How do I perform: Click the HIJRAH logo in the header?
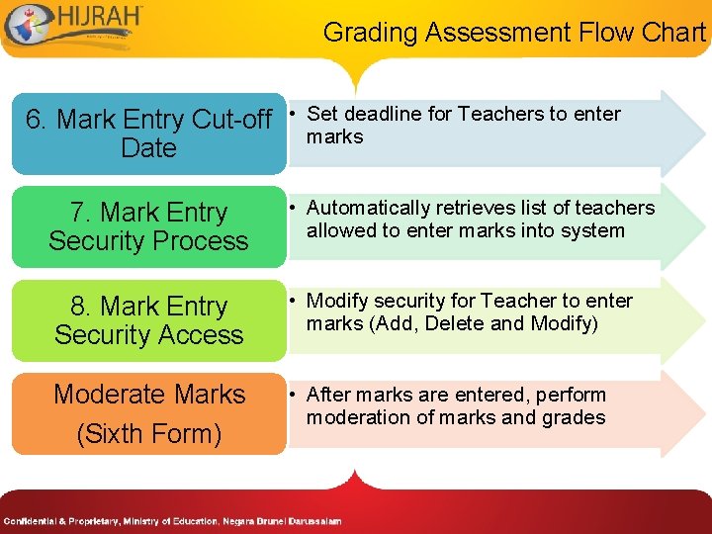[74, 27]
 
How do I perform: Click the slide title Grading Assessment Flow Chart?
[514, 33]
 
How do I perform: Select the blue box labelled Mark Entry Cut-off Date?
[148, 133]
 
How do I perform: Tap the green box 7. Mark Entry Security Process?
[148, 226]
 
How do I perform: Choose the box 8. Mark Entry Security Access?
[148, 320]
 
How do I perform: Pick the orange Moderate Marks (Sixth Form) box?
[148, 413]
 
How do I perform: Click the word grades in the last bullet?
[572, 417]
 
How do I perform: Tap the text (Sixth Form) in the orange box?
[149, 433]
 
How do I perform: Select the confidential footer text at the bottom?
[172, 521]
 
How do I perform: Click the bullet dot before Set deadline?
[294, 115]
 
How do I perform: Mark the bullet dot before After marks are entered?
[294, 396]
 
